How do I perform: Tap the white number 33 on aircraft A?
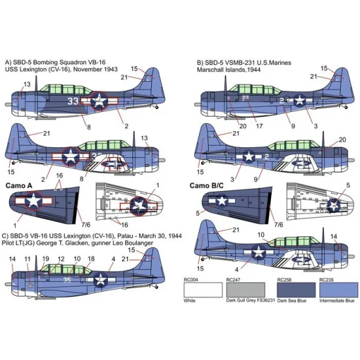pos(74,101)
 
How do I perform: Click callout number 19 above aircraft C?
pos(46,259)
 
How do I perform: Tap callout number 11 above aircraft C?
pos(27,259)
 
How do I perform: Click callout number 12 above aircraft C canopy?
pos(61,259)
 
